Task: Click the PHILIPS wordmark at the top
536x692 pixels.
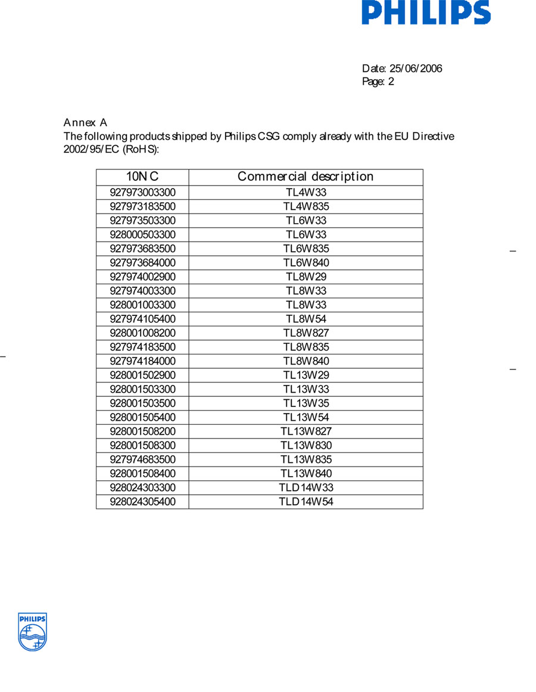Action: (x=426, y=12)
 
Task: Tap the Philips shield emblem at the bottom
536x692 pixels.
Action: (x=32, y=632)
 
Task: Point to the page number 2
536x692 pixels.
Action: (x=391, y=82)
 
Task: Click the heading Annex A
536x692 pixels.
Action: (x=85, y=123)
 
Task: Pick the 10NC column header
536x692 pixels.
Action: (x=142, y=177)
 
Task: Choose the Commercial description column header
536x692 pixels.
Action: (x=306, y=177)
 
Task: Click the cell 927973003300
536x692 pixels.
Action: (x=142, y=192)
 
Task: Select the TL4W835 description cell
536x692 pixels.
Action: (x=306, y=206)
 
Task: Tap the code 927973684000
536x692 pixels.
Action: (x=142, y=262)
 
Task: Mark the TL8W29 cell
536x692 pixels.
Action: (x=306, y=277)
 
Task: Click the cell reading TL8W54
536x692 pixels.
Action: (x=306, y=319)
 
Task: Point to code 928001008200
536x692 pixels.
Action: (x=142, y=333)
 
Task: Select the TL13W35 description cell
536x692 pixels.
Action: (x=306, y=403)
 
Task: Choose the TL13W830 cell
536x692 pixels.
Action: (x=306, y=445)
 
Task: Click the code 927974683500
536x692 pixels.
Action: (x=142, y=459)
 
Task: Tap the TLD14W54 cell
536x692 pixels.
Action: (x=306, y=502)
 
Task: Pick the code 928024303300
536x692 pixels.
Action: (x=142, y=487)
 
